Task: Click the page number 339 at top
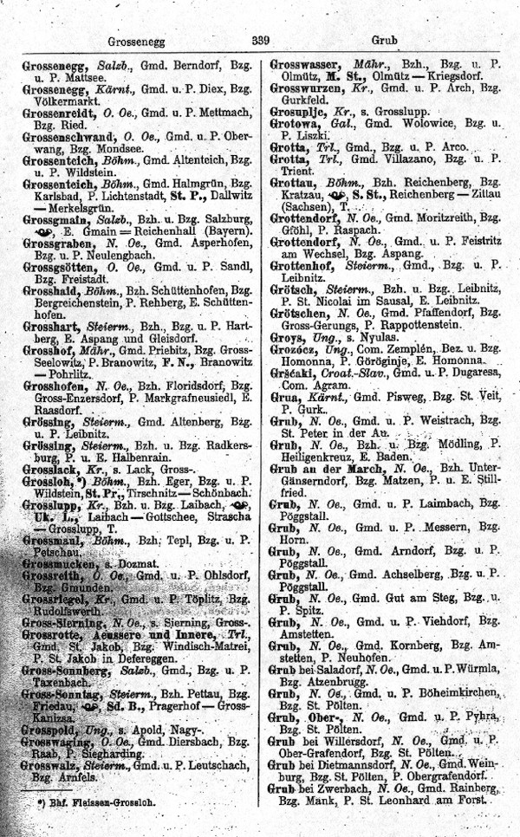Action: pyautogui.click(x=261, y=40)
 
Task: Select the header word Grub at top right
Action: pyautogui.click(x=384, y=41)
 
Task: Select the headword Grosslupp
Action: pyautogui.click(x=52, y=505)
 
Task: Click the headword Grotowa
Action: pyautogui.click(x=295, y=125)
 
